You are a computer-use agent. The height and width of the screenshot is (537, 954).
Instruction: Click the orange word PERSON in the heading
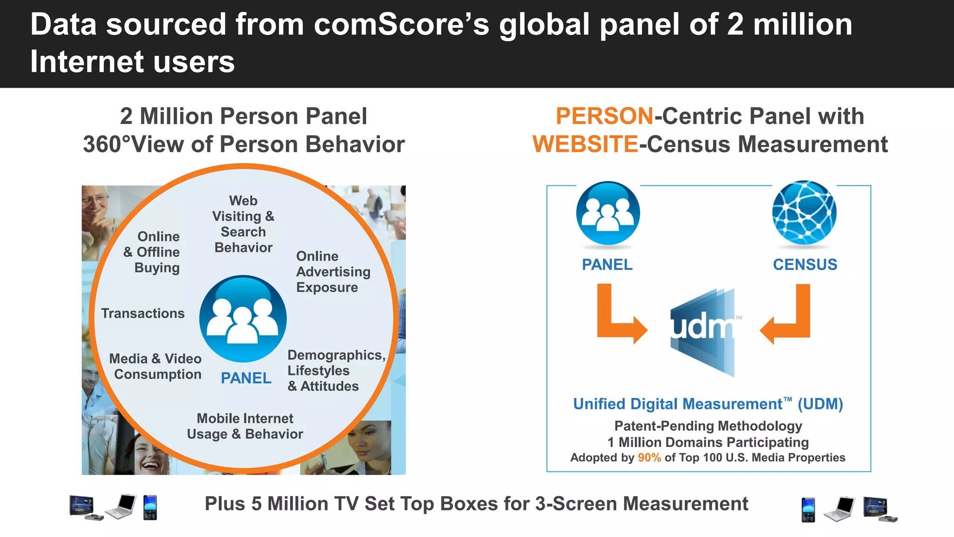pos(605,116)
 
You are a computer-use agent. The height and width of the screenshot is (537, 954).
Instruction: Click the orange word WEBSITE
pos(585,144)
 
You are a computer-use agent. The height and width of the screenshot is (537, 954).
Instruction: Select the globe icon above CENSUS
pos(804,213)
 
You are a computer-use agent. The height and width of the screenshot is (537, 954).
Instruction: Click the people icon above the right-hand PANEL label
pos(608,213)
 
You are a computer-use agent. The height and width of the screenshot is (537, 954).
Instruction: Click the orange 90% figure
pos(649,458)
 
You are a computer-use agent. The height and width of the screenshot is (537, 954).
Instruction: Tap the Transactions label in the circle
pos(143,313)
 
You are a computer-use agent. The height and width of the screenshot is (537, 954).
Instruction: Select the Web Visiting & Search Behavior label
pos(244,224)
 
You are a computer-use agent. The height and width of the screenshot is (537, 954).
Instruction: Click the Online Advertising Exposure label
pos(333,272)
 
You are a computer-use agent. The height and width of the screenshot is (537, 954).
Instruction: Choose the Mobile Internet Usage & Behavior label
pos(245,426)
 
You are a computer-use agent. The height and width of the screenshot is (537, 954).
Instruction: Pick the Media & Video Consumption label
pos(156,366)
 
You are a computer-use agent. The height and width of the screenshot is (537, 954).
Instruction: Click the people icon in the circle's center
pos(243,319)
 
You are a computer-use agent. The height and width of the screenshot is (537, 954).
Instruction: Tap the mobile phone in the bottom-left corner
pos(150,508)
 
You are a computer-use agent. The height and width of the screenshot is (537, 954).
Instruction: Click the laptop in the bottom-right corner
pos(840,509)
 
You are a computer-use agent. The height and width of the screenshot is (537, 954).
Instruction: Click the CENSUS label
pos(805,265)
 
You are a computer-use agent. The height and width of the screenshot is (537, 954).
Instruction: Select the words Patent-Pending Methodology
pos(708,426)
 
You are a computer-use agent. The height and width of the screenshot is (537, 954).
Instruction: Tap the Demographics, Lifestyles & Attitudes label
pos(335,371)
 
